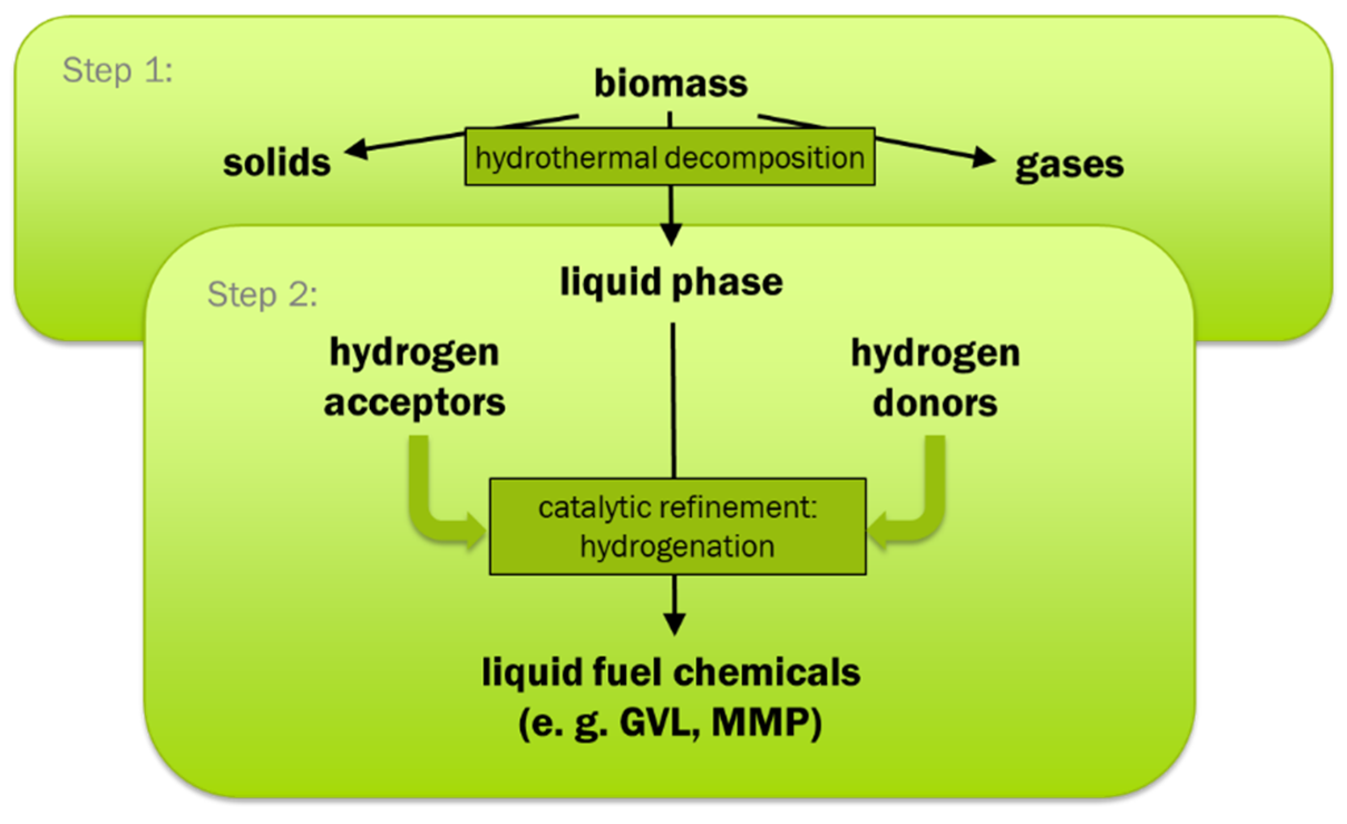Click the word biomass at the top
(x=670, y=84)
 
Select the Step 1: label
(x=118, y=71)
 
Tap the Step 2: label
(x=262, y=294)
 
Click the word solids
(x=277, y=163)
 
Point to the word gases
(x=1069, y=165)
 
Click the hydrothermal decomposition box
(x=670, y=157)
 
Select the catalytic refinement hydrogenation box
(x=677, y=526)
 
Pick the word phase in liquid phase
(x=727, y=282)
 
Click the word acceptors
(x=414, y=403)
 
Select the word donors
(x=935, y=403)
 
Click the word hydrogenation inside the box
(x=677, y=546)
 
